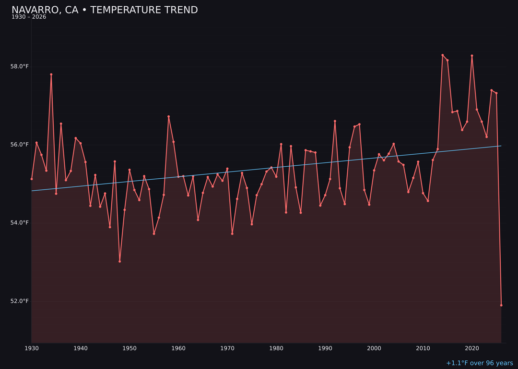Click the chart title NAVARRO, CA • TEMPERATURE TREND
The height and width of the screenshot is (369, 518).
(105, 10)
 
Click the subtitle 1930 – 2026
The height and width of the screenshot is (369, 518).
(29, 17)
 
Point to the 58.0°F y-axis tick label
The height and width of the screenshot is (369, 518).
(20, 66)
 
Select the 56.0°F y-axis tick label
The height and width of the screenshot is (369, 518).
(20, 145)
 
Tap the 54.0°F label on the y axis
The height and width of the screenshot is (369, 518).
(20, 223)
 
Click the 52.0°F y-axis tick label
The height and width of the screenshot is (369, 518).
(20, 301)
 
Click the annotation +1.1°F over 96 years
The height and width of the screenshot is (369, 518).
(479, 363)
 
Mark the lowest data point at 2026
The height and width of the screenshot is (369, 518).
(501, 305)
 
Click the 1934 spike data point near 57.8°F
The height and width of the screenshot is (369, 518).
(51, 74)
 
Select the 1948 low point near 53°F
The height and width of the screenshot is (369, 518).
(120, 261)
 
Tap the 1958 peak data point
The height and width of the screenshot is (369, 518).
(168, 116)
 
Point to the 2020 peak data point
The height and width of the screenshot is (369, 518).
(472, 56)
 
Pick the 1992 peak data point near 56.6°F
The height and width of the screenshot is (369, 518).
(335, 121)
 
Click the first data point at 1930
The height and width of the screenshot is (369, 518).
(32, 179)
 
